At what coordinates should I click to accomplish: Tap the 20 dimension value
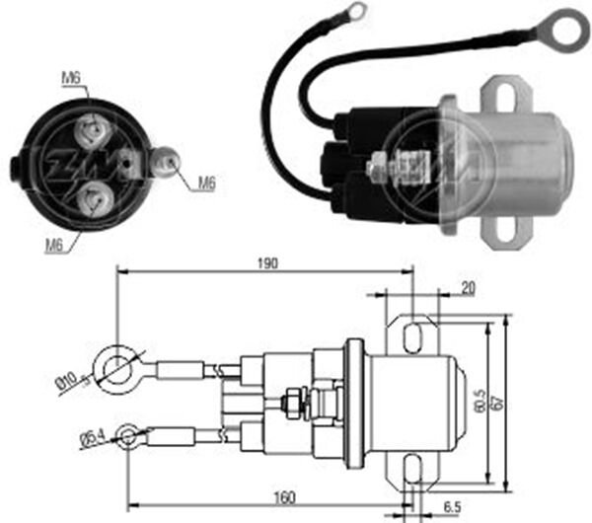tap(467, 287)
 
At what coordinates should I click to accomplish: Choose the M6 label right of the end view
tap(206, 182)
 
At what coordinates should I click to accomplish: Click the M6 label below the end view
tap(55, 244)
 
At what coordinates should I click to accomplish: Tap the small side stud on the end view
tap(169, 159)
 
